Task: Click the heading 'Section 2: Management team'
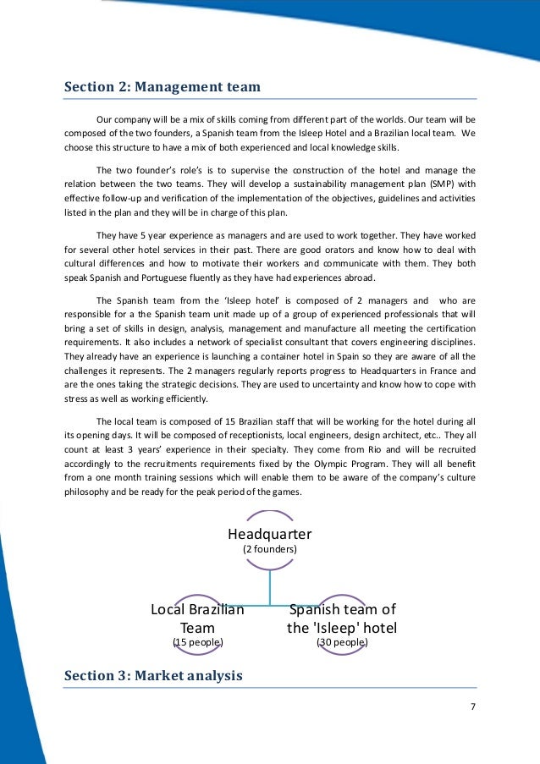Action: coord(163,86)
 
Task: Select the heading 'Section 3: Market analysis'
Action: coord(153,675)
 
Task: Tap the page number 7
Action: coord(473,707)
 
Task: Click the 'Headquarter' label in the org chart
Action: coord(270,534)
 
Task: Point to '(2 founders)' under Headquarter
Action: coord(270,549)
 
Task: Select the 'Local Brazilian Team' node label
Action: coord(197,618)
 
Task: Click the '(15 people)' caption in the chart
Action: coord(197,643)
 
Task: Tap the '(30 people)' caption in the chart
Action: coord(342,643)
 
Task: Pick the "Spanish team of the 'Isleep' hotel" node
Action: coord(342,618)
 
